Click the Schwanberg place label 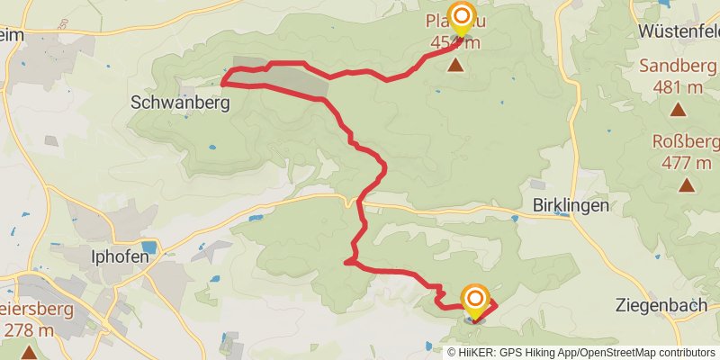tap(180, 103)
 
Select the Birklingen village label tap(570, 204)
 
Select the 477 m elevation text tap(686, 163)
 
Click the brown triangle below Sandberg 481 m tap(677, 110)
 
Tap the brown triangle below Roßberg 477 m tap(687, 185)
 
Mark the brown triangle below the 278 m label tap(29, 352)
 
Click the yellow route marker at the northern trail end tap(462, 19)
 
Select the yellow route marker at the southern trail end tap(474, 301)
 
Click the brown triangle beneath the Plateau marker tap(457, 65)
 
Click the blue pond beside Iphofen tap(148, 247)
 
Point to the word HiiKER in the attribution tap(480, 352)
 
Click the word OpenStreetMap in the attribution tap(613, 352)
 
